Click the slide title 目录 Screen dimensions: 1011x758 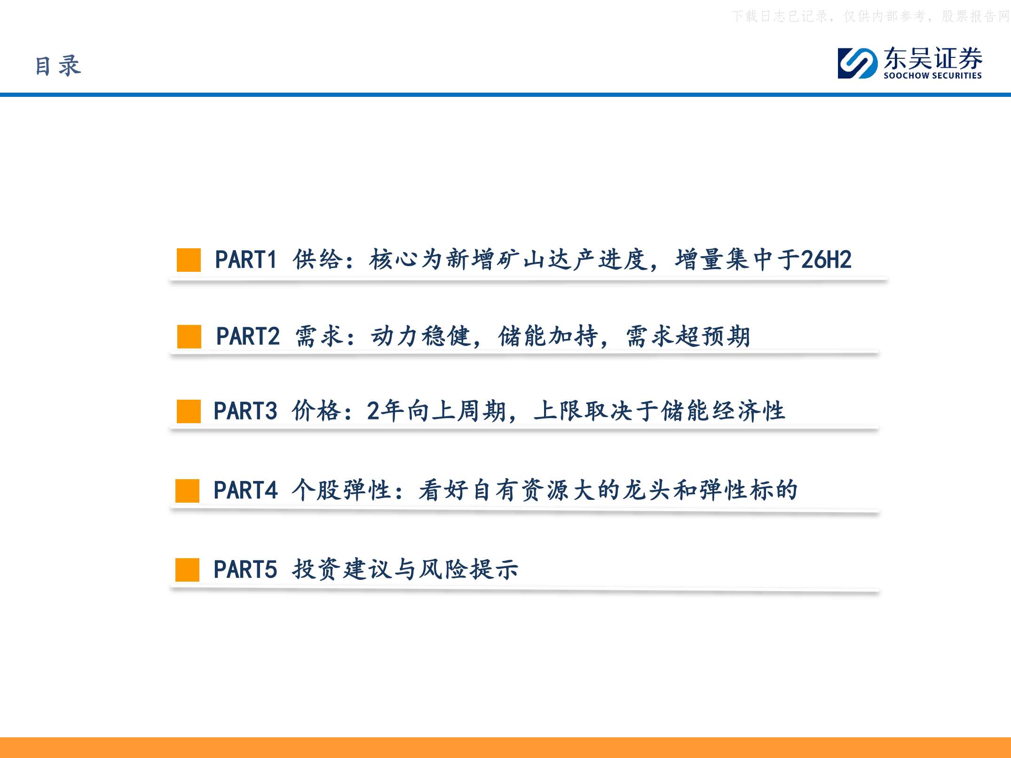[58, 65]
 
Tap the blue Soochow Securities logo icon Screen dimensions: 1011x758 [857, 63]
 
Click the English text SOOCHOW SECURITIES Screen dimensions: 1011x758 [932, 75]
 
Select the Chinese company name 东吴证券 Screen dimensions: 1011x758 [933, 58]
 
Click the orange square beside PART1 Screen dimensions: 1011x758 [189, 260]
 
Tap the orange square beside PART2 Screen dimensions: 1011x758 [189, 337]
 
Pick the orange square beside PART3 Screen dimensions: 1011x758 [189, 411]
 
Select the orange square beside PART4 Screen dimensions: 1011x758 [187, 491]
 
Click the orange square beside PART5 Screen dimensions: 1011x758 [187, 570]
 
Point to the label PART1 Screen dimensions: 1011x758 [245, 260]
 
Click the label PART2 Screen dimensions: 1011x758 [248, 336]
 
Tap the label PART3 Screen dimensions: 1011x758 [245, 411]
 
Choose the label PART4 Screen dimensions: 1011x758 [245, 490]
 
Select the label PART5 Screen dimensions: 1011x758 [245, 569]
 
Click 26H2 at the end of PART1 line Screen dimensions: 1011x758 [826, 260]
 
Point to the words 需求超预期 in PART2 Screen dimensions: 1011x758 [688, 336]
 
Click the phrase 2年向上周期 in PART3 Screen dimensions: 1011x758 [436, 411]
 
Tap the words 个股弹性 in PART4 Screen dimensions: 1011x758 [342, 490]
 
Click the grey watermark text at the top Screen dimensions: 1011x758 [870, 16]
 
